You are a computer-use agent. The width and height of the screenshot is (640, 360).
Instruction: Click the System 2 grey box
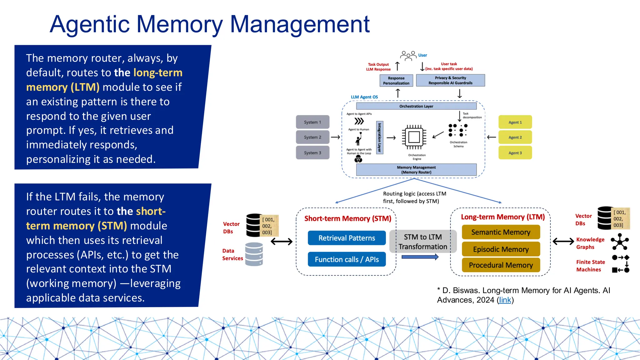[x=312, y=137]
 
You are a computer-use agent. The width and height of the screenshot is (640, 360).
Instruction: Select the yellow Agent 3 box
[x=515, y=153]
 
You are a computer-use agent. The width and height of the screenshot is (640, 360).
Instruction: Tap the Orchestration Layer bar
[x=416, y=106]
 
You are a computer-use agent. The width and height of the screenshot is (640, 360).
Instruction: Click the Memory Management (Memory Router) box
[x=416, y=170]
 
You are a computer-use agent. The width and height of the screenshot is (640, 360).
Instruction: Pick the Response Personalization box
[x=396, y=81]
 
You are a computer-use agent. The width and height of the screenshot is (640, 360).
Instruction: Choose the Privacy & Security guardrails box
[x=450, y=80]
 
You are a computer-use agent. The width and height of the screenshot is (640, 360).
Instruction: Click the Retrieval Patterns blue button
[x=347, y=238]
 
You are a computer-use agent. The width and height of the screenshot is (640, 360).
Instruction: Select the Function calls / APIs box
[x=347, y=259]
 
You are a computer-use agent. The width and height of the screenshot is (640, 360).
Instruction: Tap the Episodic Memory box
[x=501, y=249]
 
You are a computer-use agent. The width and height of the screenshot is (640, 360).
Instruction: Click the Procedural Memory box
[x=501, y=265]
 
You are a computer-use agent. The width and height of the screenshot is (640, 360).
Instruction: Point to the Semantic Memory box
[x=501, y=232]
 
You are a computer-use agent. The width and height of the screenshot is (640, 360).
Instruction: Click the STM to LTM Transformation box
[x=422, y=242]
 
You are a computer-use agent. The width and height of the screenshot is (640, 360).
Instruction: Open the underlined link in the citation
[x=505, y=300]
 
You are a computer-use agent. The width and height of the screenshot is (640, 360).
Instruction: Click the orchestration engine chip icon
[x=414, y=137]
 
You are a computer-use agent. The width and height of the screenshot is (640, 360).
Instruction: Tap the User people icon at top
[x=408, y=56]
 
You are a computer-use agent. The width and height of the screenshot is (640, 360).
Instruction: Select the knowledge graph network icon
[x=620, y=242]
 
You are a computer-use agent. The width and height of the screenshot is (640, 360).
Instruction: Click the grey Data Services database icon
[x=254, y=254]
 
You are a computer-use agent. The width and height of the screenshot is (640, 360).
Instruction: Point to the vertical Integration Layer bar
[x=379, y=137]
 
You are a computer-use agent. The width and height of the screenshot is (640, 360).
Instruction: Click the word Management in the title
[x=300, y=24]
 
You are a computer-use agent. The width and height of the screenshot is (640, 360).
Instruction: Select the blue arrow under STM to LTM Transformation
[x=420, y=257]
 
